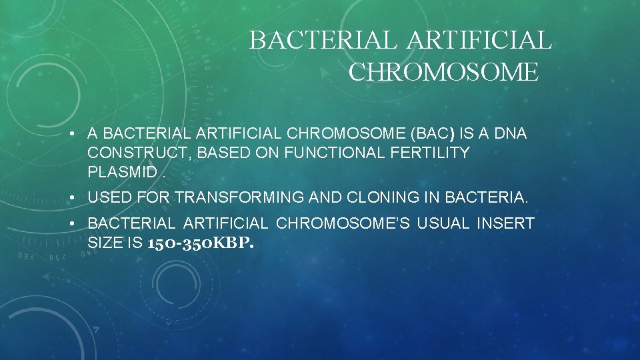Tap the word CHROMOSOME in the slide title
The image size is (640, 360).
443,71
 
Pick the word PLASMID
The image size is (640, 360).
123,172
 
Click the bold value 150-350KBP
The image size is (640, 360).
199,243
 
